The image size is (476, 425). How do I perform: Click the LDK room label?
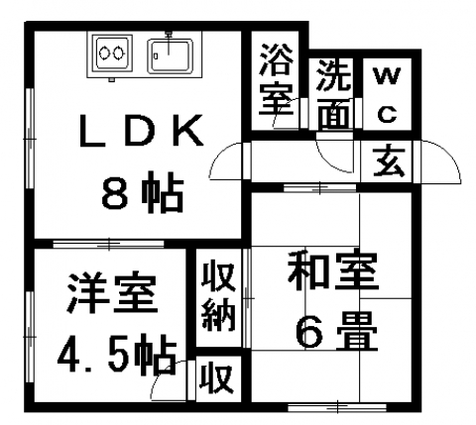(x=142, y=131)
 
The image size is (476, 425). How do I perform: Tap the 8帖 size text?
(x=143, y=192)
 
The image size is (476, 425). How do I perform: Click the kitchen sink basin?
(x=170, y=55)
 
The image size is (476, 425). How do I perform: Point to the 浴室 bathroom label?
(x=276, y=79)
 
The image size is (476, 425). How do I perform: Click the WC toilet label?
(x=387, y=95)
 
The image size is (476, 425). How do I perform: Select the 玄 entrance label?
(x=389, y=161)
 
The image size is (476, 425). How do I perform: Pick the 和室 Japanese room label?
(x=332, y=270)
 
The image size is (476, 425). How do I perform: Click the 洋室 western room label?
(x=112, y=292)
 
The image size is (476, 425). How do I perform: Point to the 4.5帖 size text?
(x=116, y=354)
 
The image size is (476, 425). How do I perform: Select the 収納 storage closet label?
(x=218, y=296)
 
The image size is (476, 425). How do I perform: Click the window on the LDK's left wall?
(x=30, y=139)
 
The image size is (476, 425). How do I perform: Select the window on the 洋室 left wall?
(x=30, y=337)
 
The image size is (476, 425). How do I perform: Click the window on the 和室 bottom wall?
(x=337, y=407)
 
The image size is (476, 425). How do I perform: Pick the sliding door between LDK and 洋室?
(x=108, y=245)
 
